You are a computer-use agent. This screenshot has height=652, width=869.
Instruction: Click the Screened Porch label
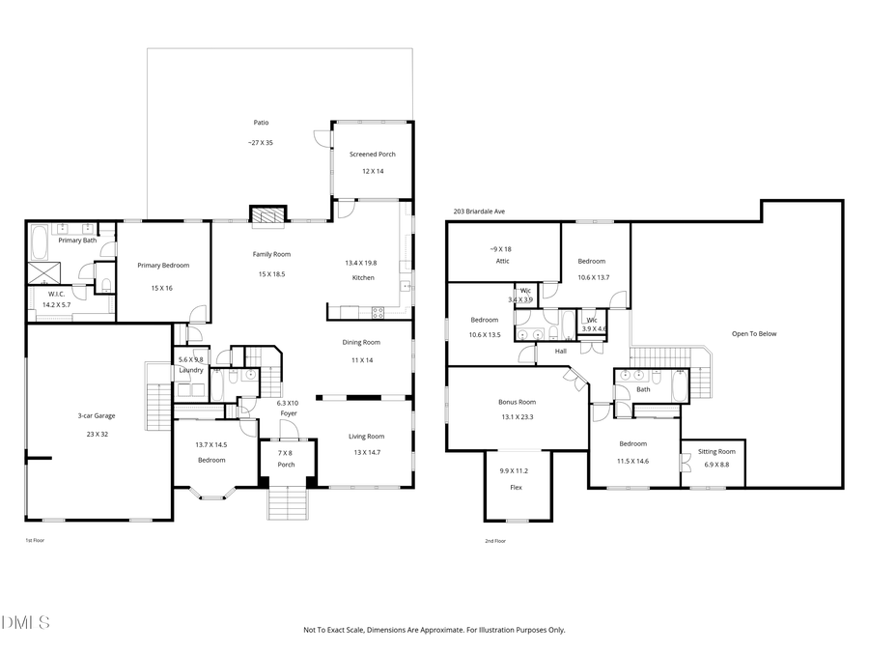tap(373, 155)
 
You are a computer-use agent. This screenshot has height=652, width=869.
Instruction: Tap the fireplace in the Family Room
tap(267, 214)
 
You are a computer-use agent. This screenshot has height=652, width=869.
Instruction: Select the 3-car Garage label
tap(97, 416)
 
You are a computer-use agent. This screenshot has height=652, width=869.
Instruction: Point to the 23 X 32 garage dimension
tap(97, 435)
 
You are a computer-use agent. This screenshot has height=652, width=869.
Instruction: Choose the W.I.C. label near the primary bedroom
tap(56, 294)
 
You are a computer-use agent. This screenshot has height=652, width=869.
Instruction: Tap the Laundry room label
tap(190, 370)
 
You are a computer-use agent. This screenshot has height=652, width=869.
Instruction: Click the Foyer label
tap(288, 413)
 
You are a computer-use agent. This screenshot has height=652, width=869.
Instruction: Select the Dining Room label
tap(361, 342)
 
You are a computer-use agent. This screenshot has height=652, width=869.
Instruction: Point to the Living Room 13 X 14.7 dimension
tap(366, 452)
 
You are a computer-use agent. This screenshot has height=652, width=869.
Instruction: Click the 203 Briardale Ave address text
tap(481, 212)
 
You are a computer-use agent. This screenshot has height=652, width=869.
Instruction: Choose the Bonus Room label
tap(517, 402)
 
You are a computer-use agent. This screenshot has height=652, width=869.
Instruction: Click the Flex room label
tap(516, 487)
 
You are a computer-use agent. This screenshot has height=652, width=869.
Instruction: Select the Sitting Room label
tap(716, 451)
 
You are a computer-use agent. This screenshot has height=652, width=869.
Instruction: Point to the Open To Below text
tap(754, 334)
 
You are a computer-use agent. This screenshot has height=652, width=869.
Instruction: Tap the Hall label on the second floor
tap(560, 352)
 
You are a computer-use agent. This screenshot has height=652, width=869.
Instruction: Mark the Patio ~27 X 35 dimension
tap(261, 142)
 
